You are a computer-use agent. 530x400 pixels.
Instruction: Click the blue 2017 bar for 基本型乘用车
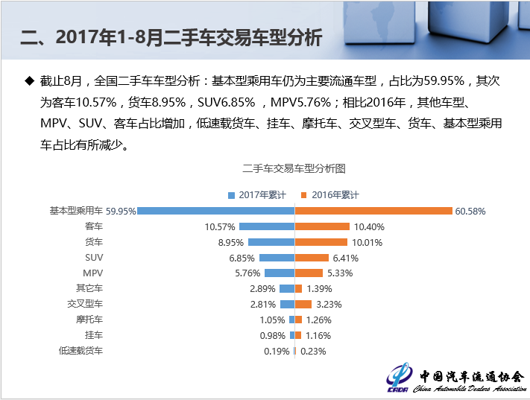point(216,211)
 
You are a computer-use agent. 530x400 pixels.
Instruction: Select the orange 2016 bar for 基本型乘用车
point(373,211)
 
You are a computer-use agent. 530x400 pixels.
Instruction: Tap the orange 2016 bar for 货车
point(321,242)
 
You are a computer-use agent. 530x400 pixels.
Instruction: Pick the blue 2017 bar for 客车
point(267,226)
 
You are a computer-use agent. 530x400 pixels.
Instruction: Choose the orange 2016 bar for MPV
point(309,273)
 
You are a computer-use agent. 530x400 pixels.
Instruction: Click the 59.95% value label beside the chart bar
point(121,211)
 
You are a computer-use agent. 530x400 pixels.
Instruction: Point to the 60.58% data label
point(470,211)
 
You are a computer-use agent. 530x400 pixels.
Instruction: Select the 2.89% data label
point(262,288)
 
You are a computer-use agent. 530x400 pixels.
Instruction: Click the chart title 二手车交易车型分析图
point(294,169)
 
